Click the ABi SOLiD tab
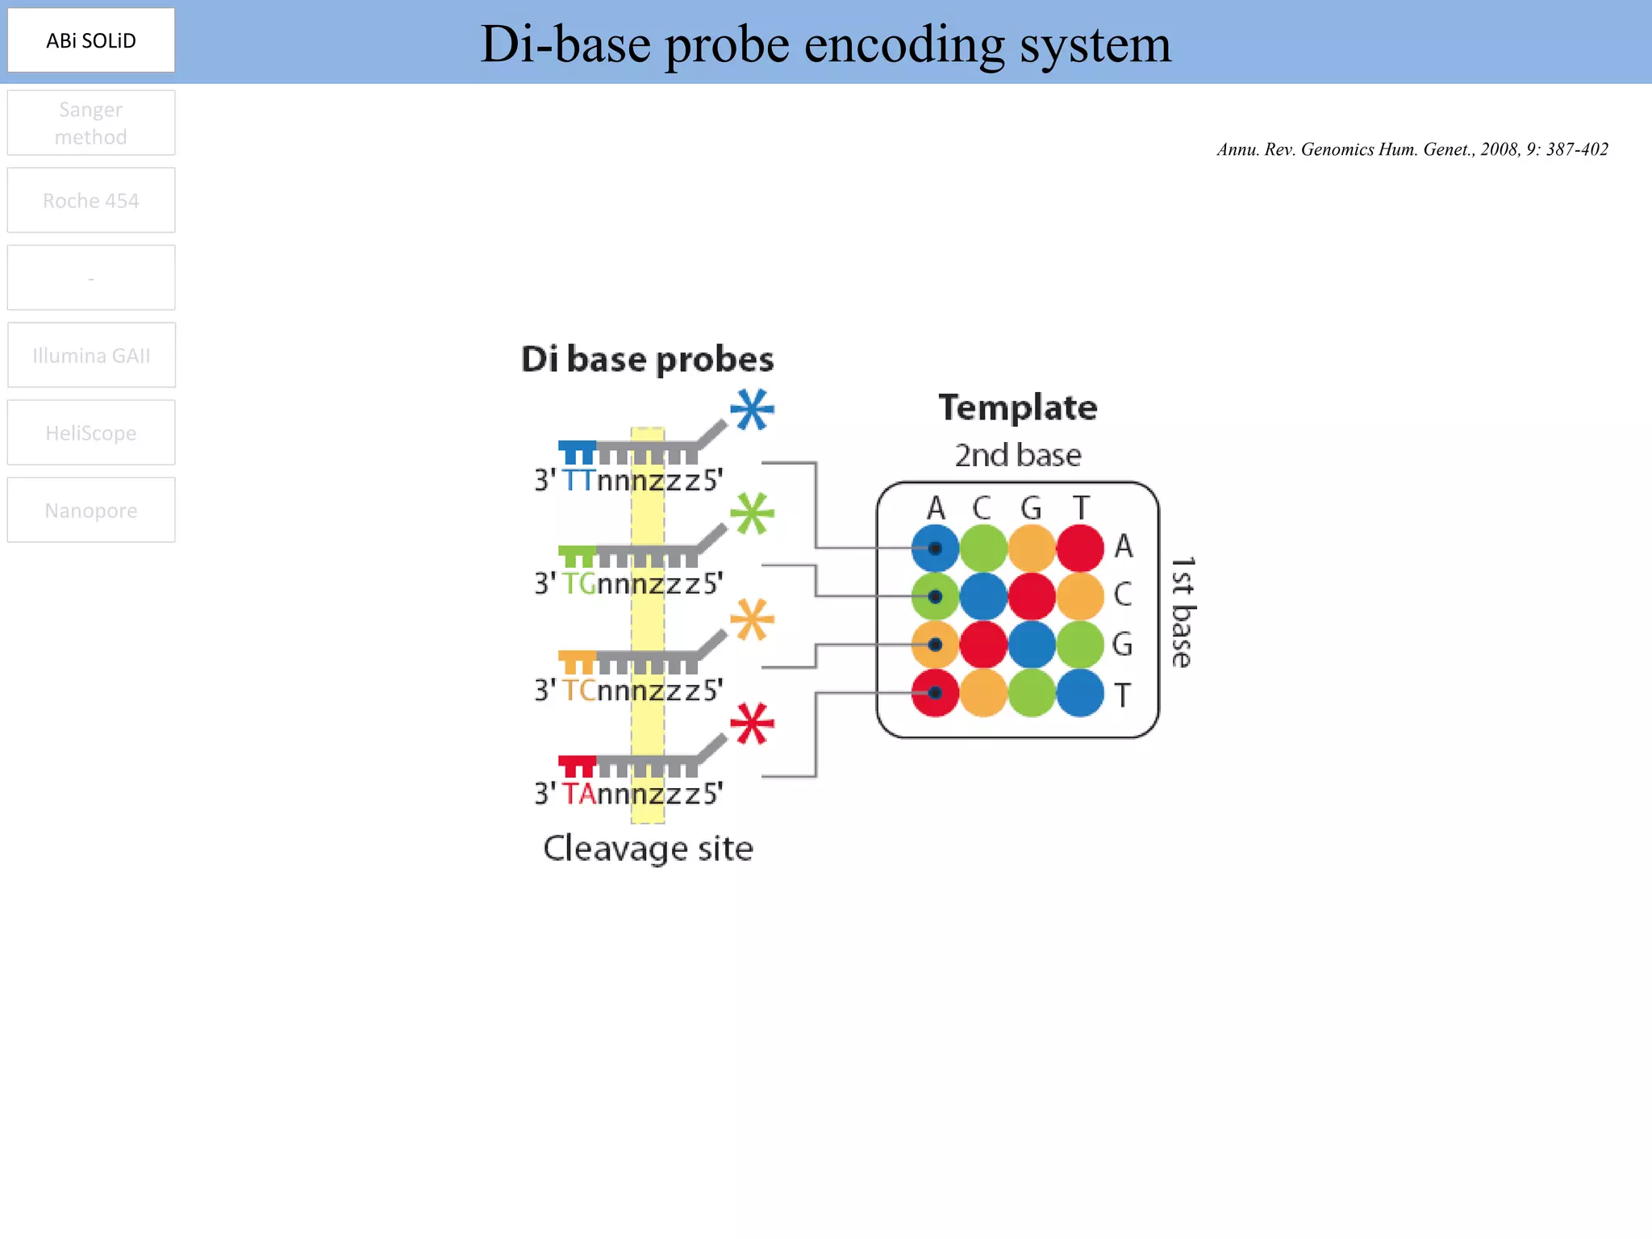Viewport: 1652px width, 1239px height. point(91,40)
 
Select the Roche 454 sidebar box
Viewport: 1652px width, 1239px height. point(91,200)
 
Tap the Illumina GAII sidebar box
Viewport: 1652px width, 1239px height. point(91,355)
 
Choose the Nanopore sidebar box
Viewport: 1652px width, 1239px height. point(91,510)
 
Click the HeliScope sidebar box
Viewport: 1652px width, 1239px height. point(91,432)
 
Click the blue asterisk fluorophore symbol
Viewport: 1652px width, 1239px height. point(752,410)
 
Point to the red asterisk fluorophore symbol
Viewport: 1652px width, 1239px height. point(752,724)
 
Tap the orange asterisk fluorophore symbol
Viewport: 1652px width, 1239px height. point(752,619)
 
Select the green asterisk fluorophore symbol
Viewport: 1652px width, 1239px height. point(752,514)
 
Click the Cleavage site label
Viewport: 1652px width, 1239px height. point(648,849)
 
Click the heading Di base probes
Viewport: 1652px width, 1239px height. point(647,359)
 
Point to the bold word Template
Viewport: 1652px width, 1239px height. point(1017,407)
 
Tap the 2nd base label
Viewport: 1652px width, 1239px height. point(1017,455)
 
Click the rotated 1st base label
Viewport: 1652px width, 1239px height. point(1182,612)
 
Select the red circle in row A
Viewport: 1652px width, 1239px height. point(1080,549)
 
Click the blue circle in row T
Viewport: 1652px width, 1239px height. point(1080,693)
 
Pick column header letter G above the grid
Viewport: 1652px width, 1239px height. point(1031,508)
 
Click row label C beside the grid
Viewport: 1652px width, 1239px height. point(1123,594)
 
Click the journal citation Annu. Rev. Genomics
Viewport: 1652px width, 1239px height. point(1412,149)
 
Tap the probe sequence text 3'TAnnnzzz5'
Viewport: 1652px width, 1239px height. point(628,794)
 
